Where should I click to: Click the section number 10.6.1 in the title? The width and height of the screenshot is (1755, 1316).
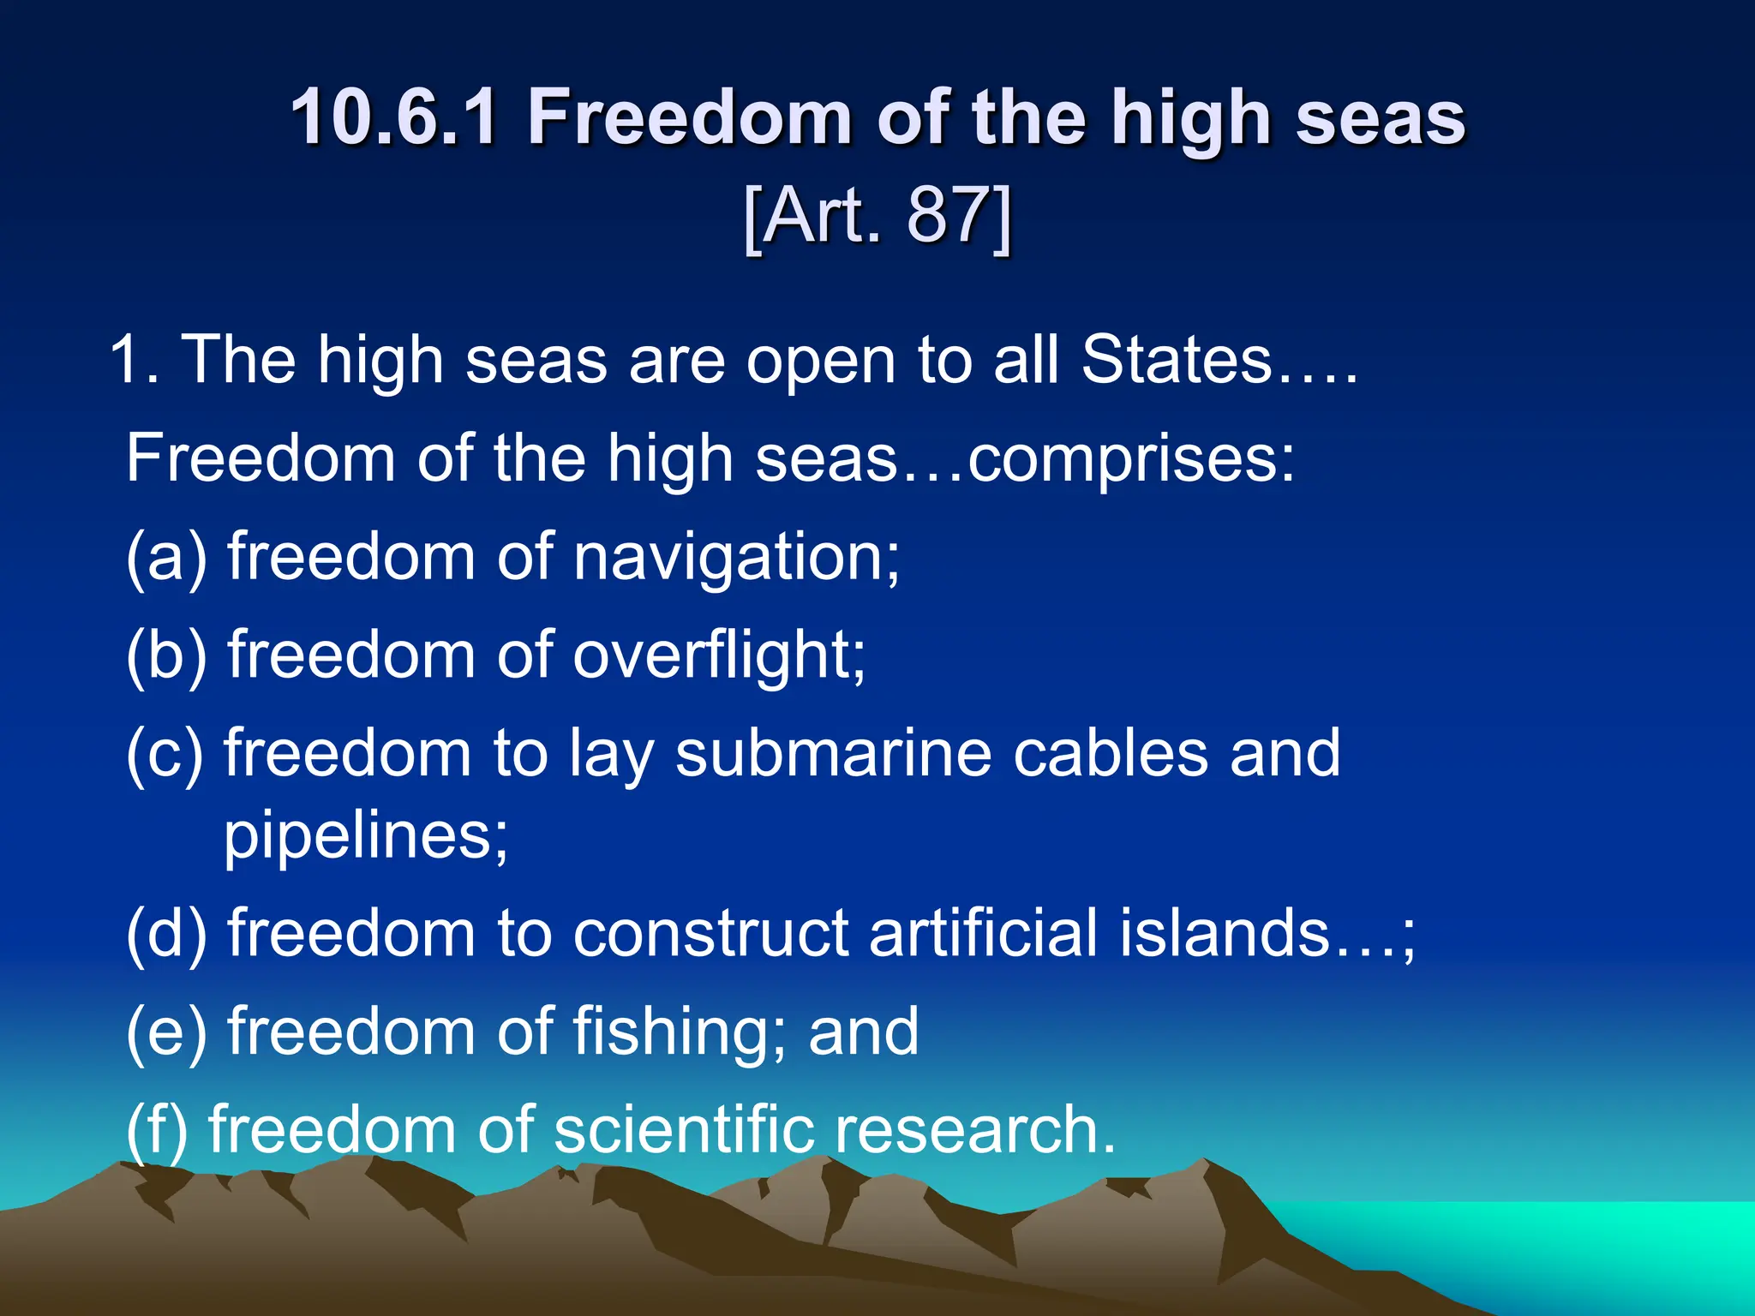(393, 117)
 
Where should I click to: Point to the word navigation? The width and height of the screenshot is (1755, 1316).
(736, 558)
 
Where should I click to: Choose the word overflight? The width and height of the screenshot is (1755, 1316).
(718, 655)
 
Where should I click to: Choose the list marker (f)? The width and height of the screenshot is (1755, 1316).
(157, 1129)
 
